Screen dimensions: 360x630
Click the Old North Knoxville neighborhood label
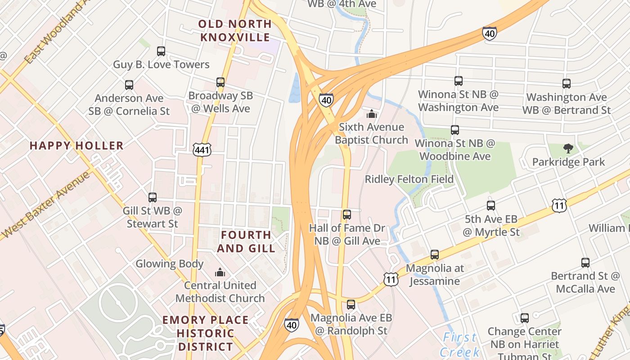(235, 30)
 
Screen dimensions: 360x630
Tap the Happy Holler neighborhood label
(76, 145)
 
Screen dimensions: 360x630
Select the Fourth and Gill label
(246, 241)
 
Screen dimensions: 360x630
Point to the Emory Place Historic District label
(206, 333)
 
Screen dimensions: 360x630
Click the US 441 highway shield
(202, 150)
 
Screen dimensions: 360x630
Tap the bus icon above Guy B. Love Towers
(161, 51)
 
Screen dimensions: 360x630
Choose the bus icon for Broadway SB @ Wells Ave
(220, 82)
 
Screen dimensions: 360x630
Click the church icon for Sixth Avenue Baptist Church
(372, 114)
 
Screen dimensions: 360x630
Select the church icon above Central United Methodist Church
(220, 272)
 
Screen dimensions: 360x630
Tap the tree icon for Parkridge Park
(568, 148)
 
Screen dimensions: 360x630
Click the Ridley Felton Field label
(409, 179)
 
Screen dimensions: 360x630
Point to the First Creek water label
(459, 344)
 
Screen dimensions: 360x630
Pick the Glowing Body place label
(170, 264)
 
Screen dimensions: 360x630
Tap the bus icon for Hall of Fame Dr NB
(346, 215)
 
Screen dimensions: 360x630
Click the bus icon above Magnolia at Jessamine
(435, 255)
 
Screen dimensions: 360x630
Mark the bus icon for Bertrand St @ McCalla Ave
(585, 263)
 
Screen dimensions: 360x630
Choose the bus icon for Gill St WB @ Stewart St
(153, 198)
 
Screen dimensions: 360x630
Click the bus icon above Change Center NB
(525, 318)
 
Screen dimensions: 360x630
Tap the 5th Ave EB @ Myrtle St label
(491, 226)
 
